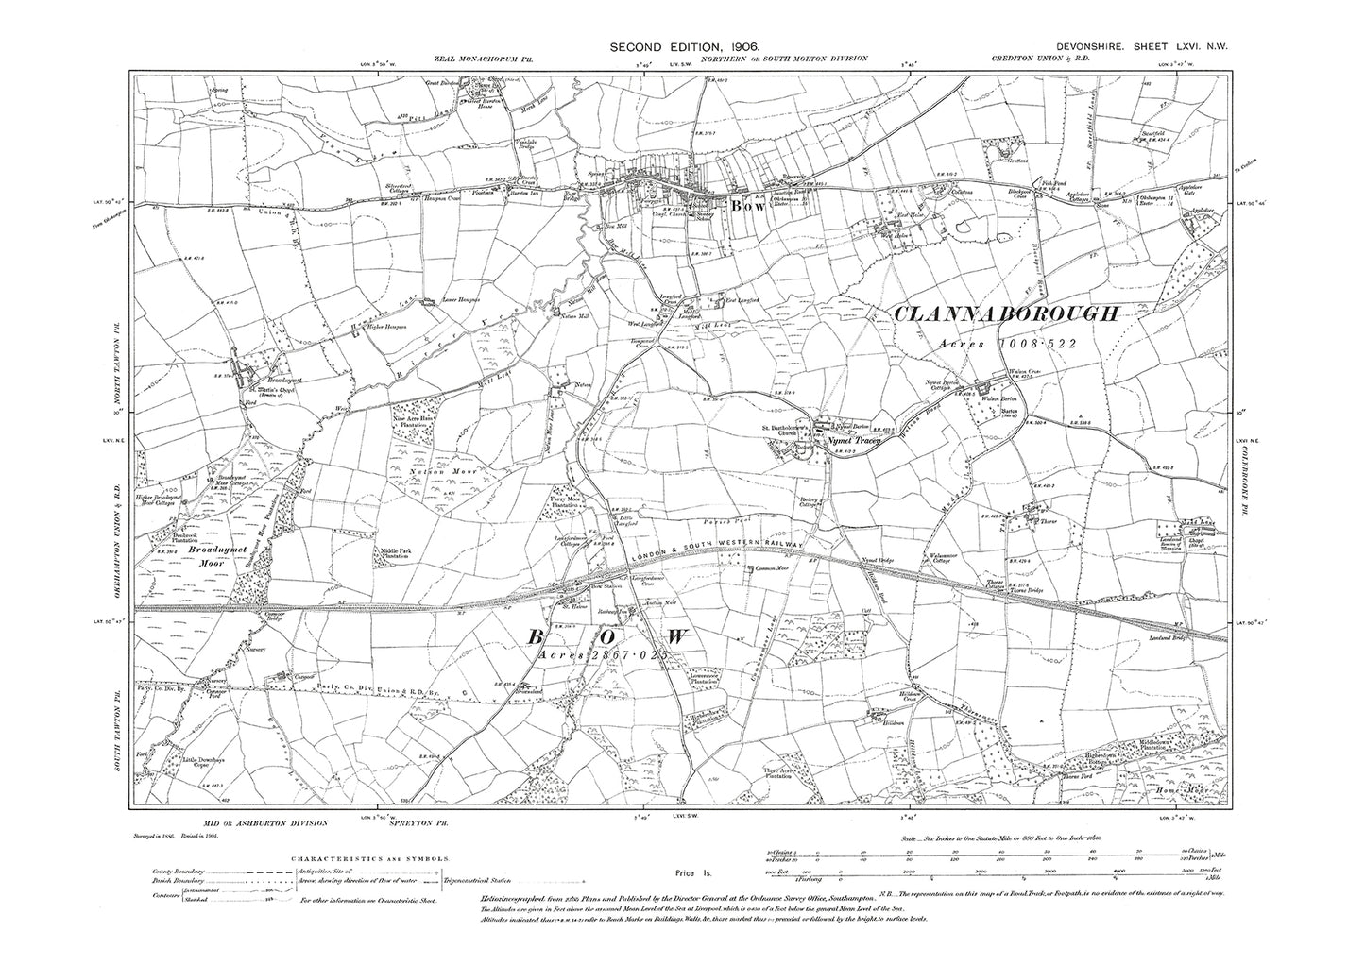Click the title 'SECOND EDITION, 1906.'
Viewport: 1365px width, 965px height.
(684, 45)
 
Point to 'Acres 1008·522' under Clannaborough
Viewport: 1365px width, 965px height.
(1006, 345)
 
